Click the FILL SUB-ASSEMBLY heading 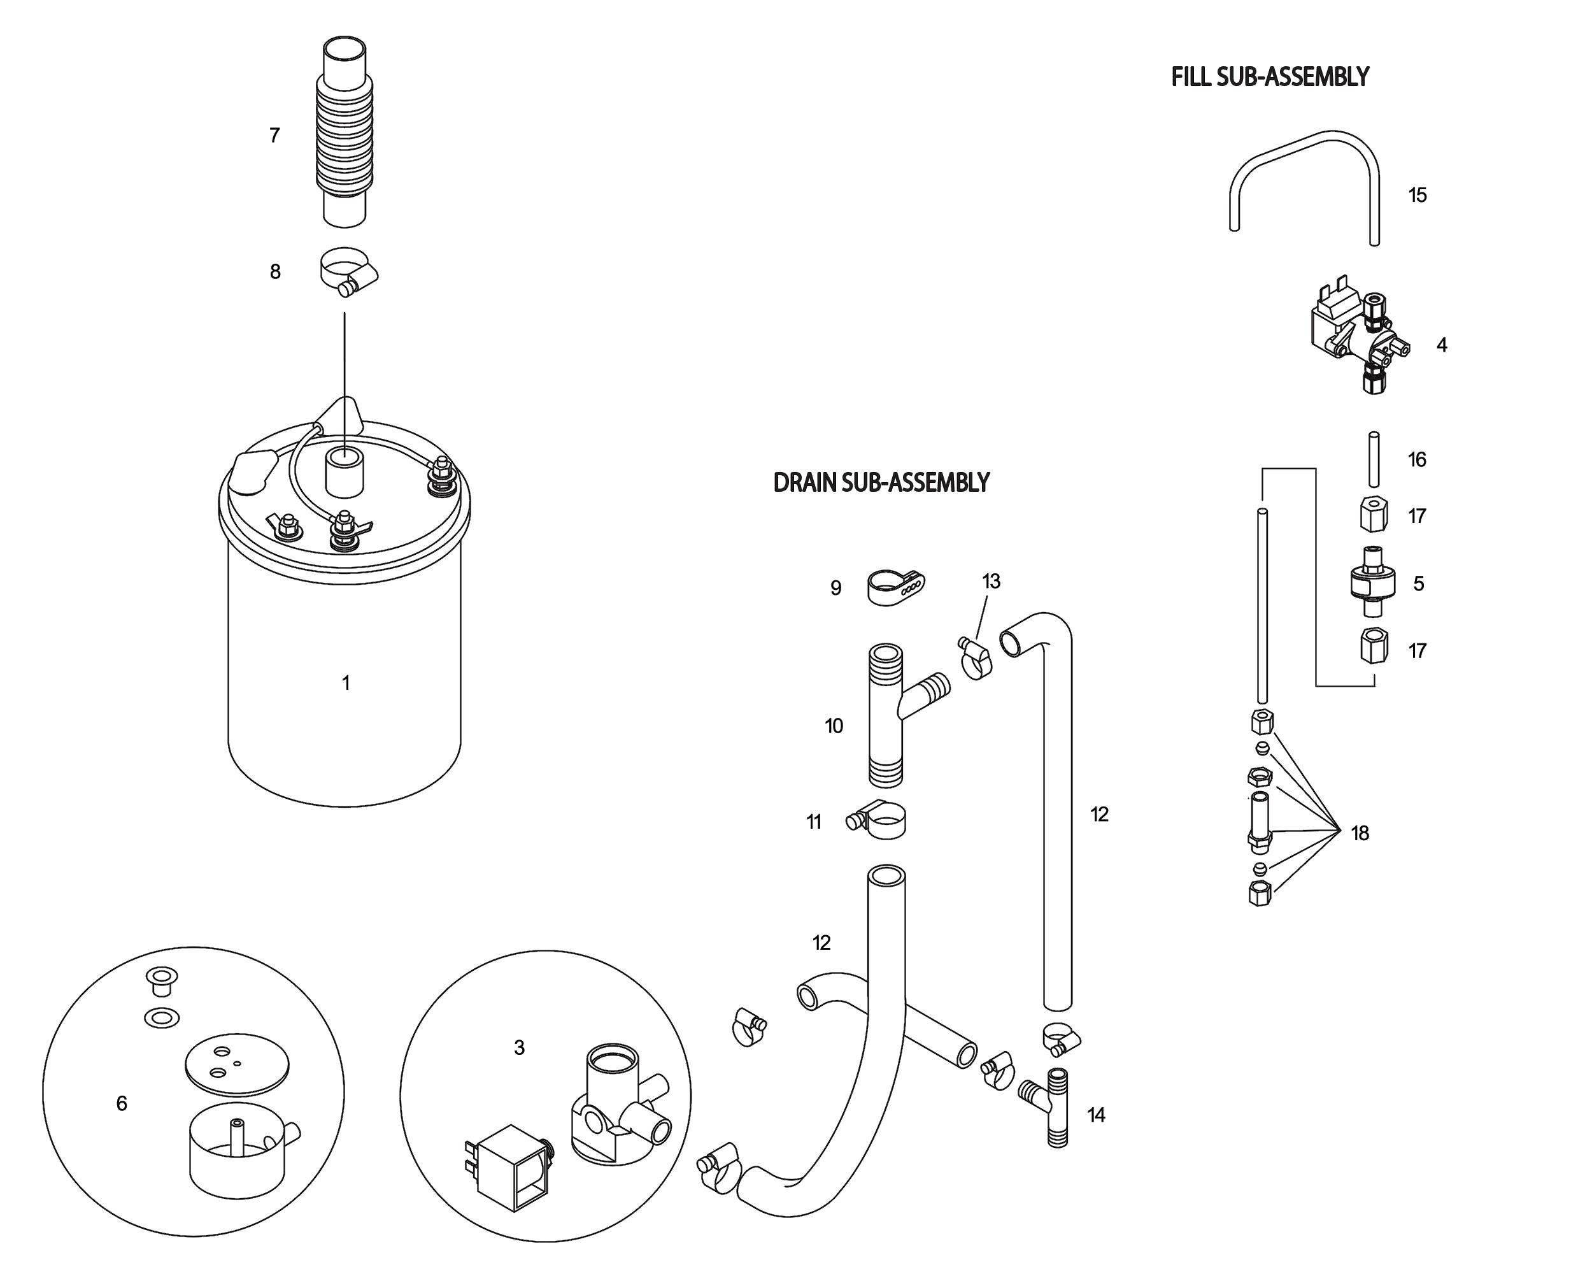point(1269,77)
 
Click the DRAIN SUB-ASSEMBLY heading point(880,483)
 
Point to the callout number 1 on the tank point(346,683)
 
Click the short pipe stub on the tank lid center point(344,472)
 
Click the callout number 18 point(1360,833)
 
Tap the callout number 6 point(122,1103)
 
